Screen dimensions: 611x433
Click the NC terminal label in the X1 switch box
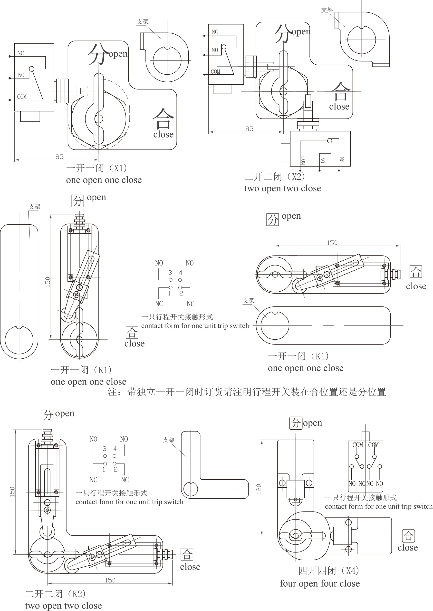20,53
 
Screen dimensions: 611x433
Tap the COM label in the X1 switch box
22,97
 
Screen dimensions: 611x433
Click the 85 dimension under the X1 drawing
59,157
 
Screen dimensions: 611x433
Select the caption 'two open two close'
282,188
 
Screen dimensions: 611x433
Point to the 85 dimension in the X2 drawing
249,129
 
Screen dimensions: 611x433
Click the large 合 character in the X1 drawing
163,118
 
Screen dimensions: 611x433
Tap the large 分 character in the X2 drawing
282,34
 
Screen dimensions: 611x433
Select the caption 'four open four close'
320,583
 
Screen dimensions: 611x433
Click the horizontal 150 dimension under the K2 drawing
110,580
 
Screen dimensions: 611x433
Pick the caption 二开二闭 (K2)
56,594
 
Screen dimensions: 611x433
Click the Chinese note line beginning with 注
247,392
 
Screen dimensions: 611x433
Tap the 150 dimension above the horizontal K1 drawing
332,243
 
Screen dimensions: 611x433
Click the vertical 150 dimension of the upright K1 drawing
48,282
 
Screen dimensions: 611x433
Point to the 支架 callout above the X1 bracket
143,22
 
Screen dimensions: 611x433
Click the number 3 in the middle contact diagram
170,272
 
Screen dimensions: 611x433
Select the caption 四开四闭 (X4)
328,571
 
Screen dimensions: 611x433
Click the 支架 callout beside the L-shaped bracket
169,440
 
